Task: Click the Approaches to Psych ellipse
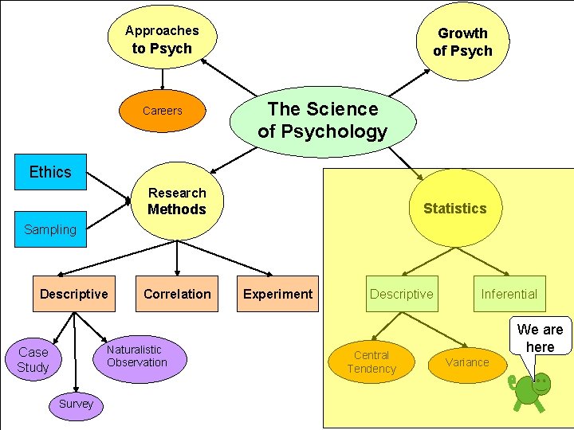(162, 38)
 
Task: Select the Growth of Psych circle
(462, 41)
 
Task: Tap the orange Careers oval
(163, 111)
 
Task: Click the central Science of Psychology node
(323, 120)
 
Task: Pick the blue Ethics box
(50, 172)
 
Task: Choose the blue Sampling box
(50, 230)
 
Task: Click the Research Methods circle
(177, 201)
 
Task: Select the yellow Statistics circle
(454, 209)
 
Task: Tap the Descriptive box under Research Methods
(74, 294)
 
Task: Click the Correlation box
(177, 294)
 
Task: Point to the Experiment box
(278, 294)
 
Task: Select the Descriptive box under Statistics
(401, 294)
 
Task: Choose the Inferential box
(509, 294)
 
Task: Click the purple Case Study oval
(33, 360)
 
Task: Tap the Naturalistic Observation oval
(137, 357)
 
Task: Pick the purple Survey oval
(76, 404)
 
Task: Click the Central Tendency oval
(372, 362)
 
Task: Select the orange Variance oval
(467, 362)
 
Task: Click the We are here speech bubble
(540, 337)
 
